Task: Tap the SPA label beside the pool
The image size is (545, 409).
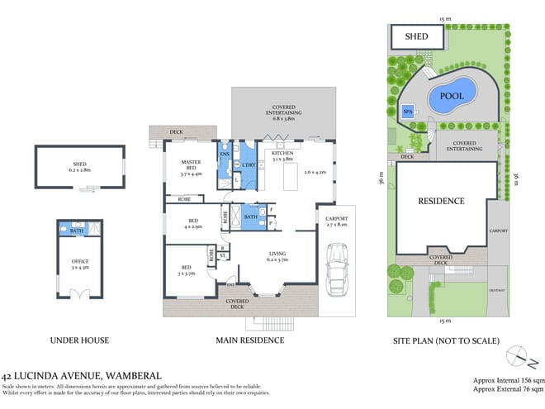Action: click(x=407, y=112)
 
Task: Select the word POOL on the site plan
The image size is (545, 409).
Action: click(x=451, y=96)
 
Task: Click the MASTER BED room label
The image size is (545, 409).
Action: click(x=191, y=169)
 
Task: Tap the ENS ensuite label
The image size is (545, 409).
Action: click(x=225, y=155)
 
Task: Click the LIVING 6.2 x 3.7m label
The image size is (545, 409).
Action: click(x=277, y=257)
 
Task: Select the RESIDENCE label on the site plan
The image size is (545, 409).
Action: click(x=440, y=201)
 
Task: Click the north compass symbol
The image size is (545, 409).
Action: click(x=517, y=355)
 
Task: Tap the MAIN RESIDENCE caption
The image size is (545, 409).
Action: click(x=245, y=340)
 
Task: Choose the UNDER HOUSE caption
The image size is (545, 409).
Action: click(x=79, y=340)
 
